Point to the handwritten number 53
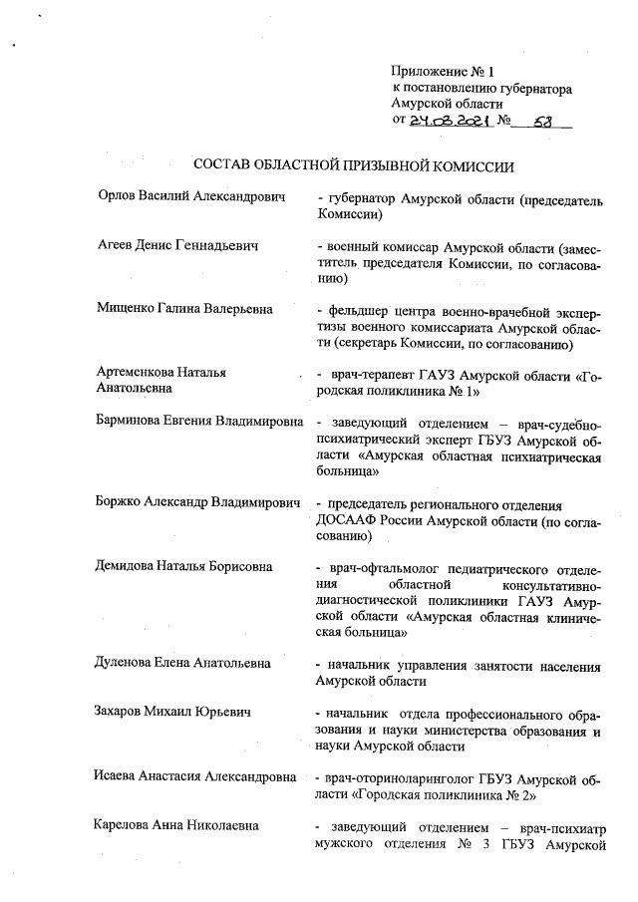(x=544, y=121)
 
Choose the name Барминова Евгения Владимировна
(x=199, y=421)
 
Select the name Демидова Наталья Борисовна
(x=184, y=567)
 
